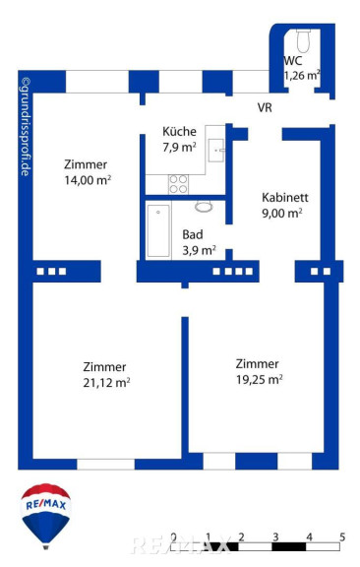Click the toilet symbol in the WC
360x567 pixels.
coord(303,41)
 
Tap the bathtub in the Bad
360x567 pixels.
coord(158,231)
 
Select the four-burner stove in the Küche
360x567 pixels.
coord(178,184)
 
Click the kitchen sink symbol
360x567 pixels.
coord(216,150)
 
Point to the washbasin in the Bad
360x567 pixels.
coord(204,207)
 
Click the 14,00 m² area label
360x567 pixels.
coord(88,180)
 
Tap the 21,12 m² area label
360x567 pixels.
coord(106,382)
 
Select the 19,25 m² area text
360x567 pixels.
coord(259,379)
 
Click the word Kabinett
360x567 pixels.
coord(285,198)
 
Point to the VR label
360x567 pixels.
coord(265,107)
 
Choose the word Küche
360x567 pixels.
coord(179,131)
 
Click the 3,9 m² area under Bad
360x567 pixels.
coord(199,250)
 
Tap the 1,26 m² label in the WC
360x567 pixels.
coord(302,76)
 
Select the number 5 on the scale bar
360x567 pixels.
coord(342,537)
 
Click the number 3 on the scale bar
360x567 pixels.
coord(275,537)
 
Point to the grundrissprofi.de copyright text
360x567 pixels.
coord(26,127)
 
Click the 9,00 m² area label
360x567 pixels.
coord(282,213)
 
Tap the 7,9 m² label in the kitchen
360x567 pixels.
coord(179,147)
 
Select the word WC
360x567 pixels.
coord(293,60)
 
